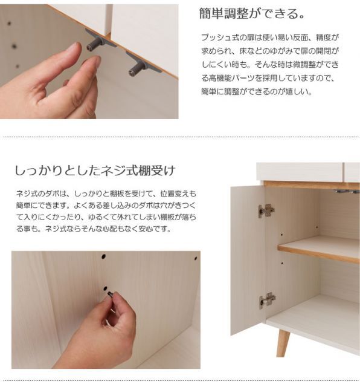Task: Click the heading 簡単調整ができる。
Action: (252, 13)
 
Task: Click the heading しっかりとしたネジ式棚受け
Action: (95, 171)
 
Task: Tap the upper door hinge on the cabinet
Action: (266, 211)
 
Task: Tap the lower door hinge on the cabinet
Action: (268, 300)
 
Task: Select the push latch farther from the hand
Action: (141, 64)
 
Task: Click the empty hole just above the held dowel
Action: (105, 288)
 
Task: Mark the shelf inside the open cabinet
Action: (318, 249)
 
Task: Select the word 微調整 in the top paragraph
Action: (297, 65)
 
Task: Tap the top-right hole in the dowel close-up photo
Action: (196, 258)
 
